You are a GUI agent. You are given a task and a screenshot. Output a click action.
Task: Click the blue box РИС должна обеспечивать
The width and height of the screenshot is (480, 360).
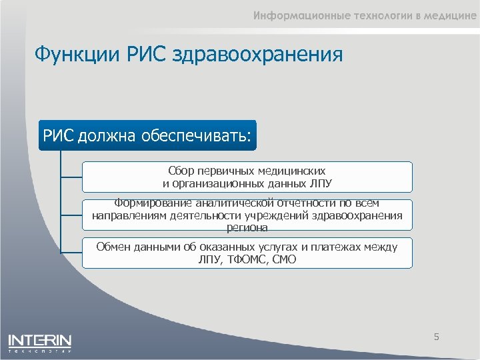(147, 135)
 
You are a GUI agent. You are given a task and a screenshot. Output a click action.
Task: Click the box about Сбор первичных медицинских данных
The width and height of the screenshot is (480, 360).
(247, 177)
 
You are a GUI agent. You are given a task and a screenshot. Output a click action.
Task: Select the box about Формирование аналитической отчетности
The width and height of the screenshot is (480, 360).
(247, 215)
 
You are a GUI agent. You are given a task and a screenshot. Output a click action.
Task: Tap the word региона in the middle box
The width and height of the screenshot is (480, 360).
(247, 227)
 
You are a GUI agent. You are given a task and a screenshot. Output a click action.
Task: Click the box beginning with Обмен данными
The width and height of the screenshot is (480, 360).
(247, 253)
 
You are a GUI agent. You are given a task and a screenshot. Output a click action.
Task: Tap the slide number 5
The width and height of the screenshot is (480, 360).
(437, 337)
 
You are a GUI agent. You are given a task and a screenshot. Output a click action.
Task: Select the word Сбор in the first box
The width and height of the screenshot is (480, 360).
(180, 171)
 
